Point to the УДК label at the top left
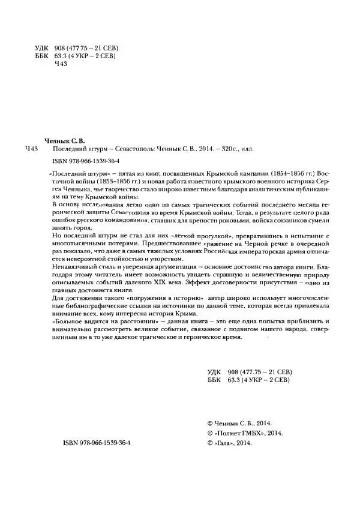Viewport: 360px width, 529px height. pos(43,47)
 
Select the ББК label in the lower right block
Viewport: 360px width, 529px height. pos(213,380)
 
